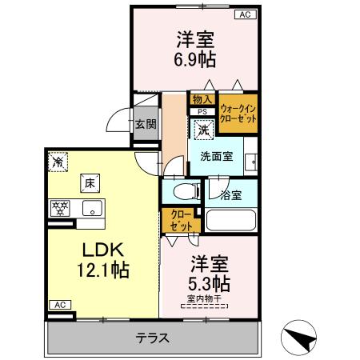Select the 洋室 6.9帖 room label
pos(197,50)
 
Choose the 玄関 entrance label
pos(146,124)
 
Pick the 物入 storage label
pos(200,99)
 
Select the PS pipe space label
pos(202,111)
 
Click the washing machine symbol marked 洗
pos(203,130)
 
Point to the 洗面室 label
pos(216,156)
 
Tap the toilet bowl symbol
pos(183,192)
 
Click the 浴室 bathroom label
pos(233,194)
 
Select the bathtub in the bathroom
pos(230,221)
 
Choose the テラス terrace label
pos(152,338)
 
